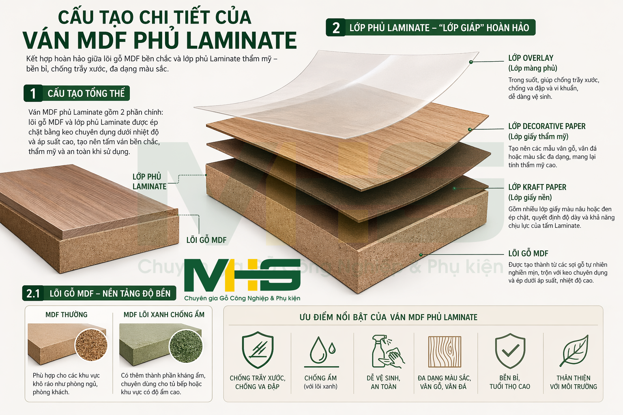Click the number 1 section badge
pyautogui.click(x=33, y=93)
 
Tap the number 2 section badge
pyautogui.click(x=336, y=27)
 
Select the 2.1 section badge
pyautogui.click(x=33, y=293)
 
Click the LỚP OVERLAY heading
pyautogui.click(x=531, y=58)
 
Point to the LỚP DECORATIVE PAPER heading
pyautogui.click(x=547, y=126)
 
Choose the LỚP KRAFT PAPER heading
pyautogui.click(x=537, y=187)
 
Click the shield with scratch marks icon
pyautogui.click(x=258, y=350)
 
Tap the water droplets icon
pyautogui.click(x=322, y=351)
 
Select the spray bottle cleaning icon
pyautogui.click(x=387, y=351)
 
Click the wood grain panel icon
pyautogui.click(x=445, y=352)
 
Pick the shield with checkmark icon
pyautogui.click(x=510, y=351)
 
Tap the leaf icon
pyautogui.click(x=574, y=351)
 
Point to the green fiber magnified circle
pyautogui.click(x=186, y=346)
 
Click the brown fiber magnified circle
pyautogui.click(x=91, y=345)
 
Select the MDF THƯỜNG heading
pyautogui.click(x=67, y=314)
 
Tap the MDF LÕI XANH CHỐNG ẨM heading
pyautogui.click(x=164, y=314)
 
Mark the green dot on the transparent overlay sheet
pyautogui.click(x=471, y=62)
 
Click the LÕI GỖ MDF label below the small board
pyautogui.click(x=206, y=240)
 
